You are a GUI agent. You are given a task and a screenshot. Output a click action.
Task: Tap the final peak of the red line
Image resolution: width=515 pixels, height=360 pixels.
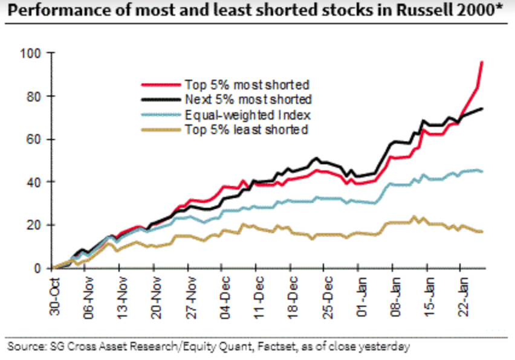[482, 62]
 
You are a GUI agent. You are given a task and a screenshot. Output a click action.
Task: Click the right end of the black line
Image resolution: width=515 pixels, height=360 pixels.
[482, 109]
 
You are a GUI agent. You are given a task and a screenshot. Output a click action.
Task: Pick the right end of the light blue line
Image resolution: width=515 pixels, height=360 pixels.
[482, 172]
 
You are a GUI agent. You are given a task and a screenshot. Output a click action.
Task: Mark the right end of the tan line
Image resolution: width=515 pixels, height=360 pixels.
[482, 232]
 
